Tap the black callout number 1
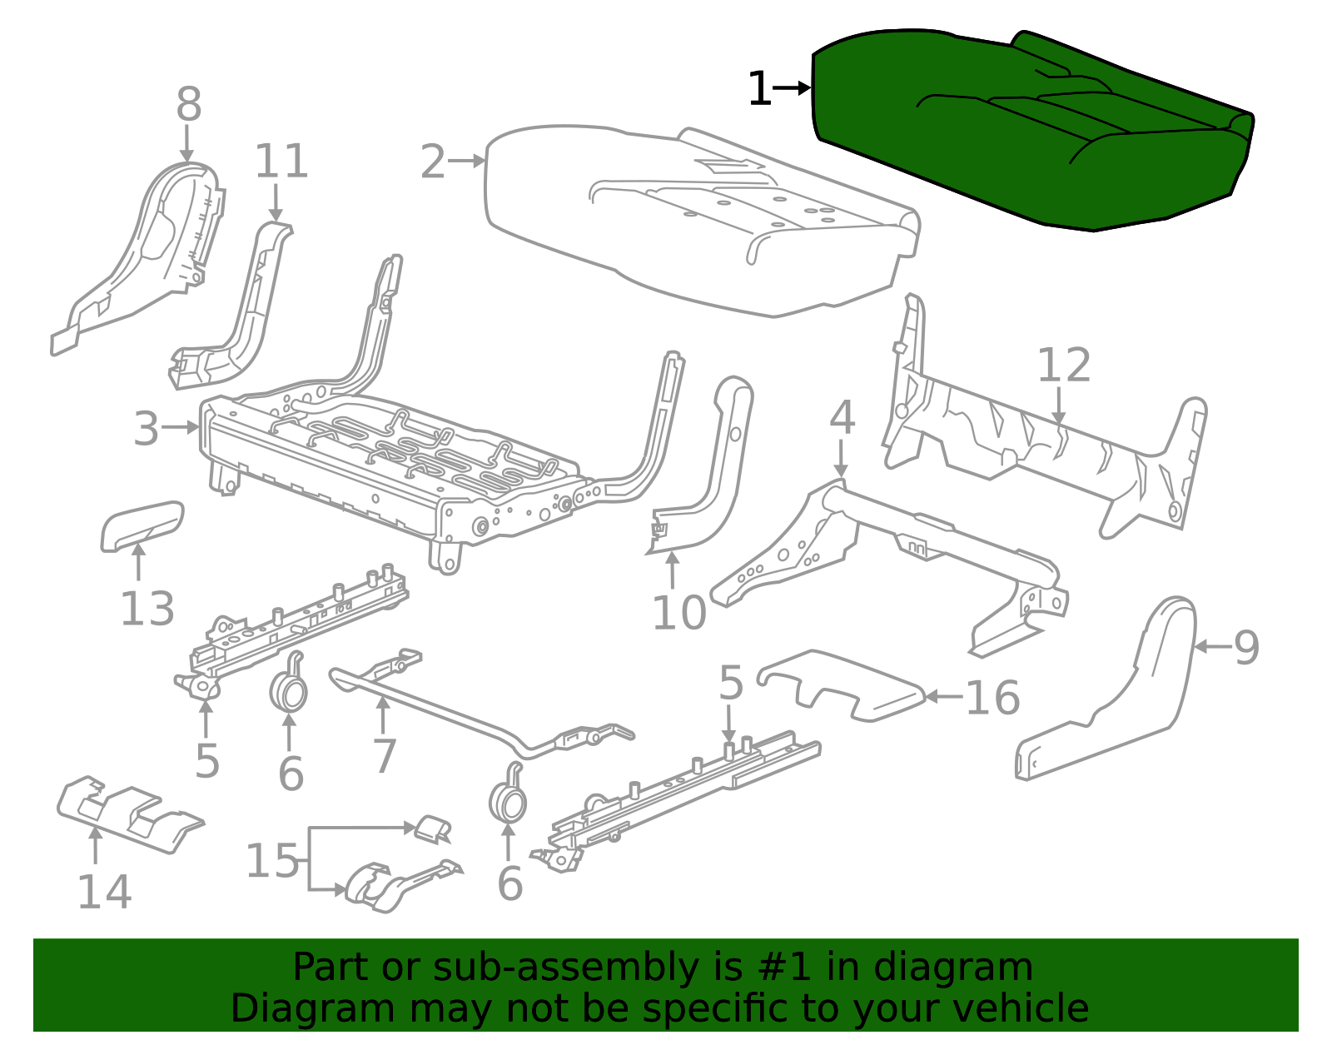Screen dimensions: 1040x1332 click(x=759, y=89)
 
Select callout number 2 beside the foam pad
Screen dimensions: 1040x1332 click(x=433, y=162)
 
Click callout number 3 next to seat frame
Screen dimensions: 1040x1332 click(x=146, y=429)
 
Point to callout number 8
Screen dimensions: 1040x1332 click(x=189, y=105)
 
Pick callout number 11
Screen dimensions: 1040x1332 click(x=281, y=162)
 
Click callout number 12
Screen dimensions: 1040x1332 click(x=1063, y=366)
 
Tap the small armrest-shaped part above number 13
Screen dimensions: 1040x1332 click(x=142, y=525)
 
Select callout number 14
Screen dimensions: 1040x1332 click(x=104, y=892)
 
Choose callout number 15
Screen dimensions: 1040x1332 click(x=271, y=861)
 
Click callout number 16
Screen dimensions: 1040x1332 click(x=992, y=698)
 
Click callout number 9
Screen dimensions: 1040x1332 click(x=1246, y=647)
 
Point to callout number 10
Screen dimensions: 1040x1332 click(x=678, y=614)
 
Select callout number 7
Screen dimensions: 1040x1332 click(x=384, y=756)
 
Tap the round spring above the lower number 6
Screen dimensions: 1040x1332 click(x=507, y=801)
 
